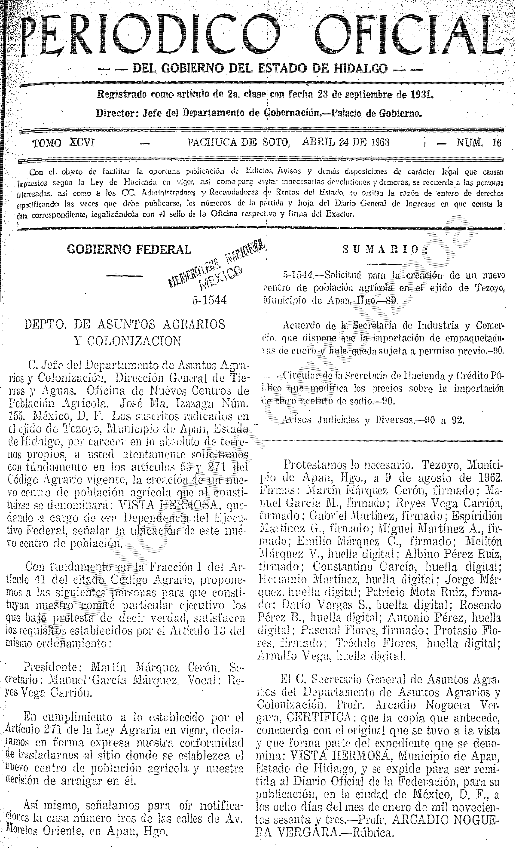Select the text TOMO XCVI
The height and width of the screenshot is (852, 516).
(63, 143)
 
